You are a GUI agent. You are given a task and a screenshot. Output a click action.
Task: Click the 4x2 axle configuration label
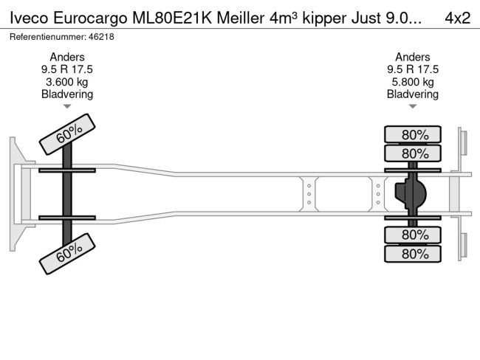click(458, 17)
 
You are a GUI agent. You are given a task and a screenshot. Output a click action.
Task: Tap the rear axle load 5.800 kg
click(412, 82)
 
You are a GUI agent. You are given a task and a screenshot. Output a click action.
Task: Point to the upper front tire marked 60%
click(67, 135)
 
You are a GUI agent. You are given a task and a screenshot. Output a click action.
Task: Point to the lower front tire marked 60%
click(67, 253)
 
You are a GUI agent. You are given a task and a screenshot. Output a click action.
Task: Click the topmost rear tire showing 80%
click(412, 135)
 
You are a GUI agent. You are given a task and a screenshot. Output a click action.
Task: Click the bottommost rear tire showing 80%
click(412, 254)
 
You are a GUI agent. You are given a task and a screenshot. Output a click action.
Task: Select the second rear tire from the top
click(412, 153)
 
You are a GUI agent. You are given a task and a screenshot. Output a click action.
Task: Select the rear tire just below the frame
click(412, 235)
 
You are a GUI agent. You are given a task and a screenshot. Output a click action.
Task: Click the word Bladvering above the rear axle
click(412, 94)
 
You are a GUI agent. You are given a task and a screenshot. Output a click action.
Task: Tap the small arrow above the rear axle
click(412, 107)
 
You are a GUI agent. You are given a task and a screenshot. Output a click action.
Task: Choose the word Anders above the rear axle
click(412, 57)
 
